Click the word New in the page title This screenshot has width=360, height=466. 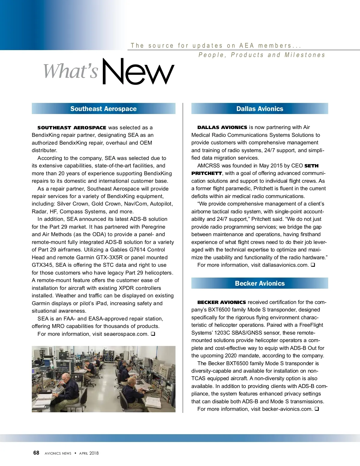[138, 72]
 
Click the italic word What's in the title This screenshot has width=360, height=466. [71, 71]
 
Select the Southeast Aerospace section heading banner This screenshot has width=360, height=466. [103, 109]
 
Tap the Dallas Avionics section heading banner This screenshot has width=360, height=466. [259, 109]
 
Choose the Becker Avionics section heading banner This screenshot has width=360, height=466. [259, 283]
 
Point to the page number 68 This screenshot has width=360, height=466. [36, 453]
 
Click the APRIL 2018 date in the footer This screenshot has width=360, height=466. [89, 453]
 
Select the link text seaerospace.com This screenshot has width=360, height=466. [126, 334]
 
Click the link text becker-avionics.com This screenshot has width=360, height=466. [287, 409]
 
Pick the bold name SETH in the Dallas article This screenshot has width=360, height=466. [311, 166]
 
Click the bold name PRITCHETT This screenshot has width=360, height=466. [207, 173]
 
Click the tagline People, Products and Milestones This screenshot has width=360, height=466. [262, 55]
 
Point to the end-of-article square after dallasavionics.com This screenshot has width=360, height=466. [313, 265]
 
